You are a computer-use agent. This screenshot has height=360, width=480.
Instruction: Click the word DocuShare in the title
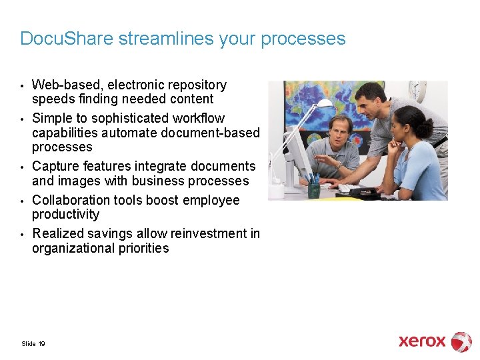67,39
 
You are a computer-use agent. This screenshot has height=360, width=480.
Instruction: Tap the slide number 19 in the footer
42,344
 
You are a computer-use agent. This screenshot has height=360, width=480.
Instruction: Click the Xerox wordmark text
422,341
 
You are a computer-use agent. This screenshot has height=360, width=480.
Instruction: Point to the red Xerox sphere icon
461,341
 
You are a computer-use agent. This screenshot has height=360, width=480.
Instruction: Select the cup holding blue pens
314,189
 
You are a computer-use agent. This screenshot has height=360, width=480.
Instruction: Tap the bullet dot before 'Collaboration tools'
23,201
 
